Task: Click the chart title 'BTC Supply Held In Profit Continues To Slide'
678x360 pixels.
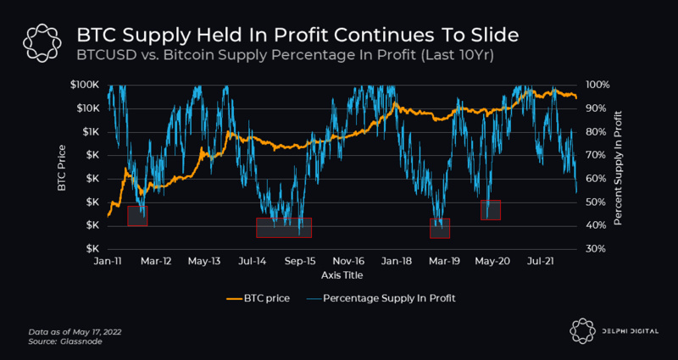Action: point(297,36)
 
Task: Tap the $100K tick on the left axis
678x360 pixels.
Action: point(87,86)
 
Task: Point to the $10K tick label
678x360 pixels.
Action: point(89,108)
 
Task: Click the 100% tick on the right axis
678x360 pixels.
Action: point(597,86)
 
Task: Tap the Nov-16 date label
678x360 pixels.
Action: point(348,262)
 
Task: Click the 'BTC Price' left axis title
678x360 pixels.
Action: point(62,167)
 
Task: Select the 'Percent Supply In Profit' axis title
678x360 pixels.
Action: point(618,167)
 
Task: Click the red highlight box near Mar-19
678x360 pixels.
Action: point(440,228)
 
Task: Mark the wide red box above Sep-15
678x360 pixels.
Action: point(284,227)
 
